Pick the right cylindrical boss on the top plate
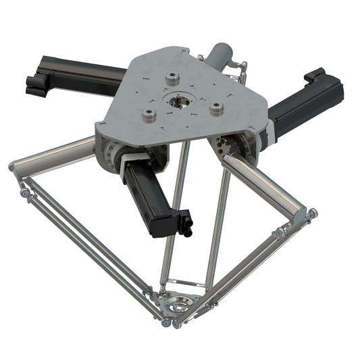tap(217, 109)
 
